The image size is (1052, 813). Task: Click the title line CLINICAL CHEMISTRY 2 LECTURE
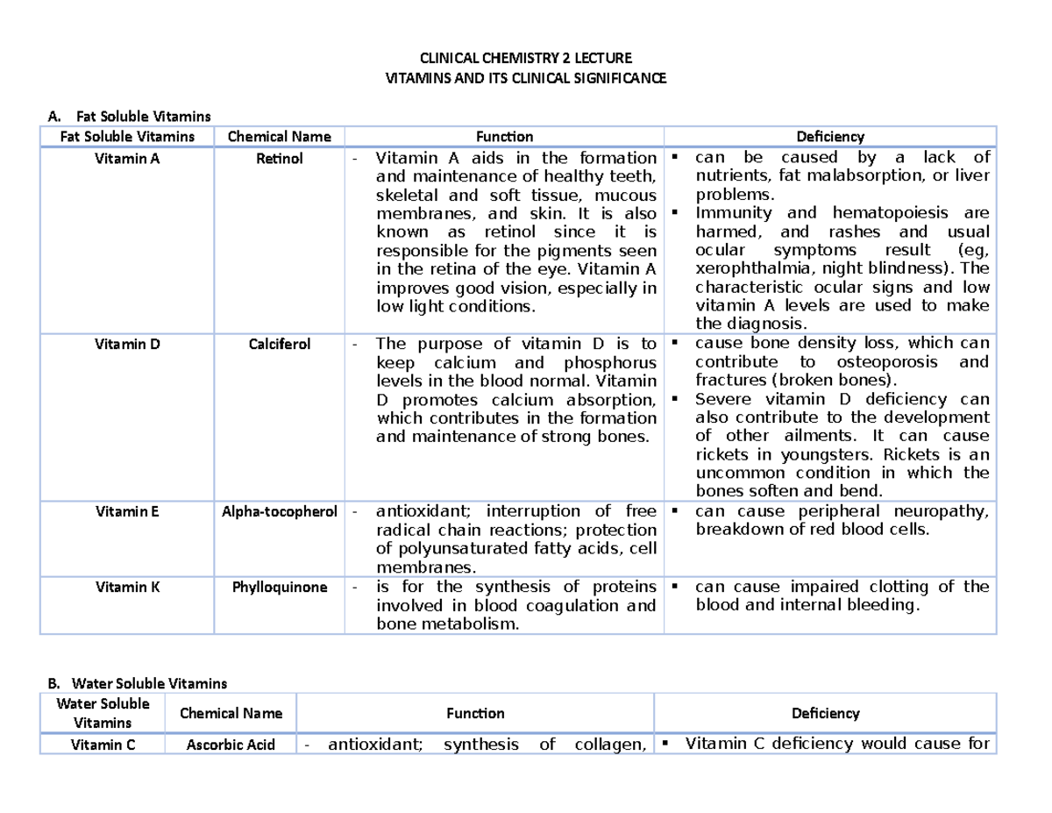coord(526,59)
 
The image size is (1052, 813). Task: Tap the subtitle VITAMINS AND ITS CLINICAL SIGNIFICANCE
coord(526,78)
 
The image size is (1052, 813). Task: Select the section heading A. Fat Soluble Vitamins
coord(131,116)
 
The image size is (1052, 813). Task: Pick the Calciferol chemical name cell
coord(279,344)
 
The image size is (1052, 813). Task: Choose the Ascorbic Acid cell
coord(231,745)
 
